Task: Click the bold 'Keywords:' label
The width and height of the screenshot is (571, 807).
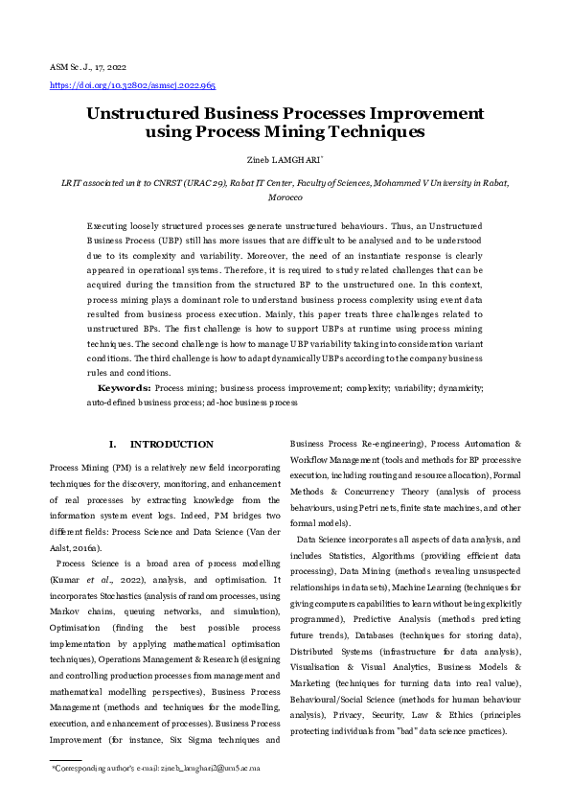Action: (124, 388)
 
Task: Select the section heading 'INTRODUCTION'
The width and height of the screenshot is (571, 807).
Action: (171, 445)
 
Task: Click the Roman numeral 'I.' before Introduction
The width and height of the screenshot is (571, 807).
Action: (112, 445)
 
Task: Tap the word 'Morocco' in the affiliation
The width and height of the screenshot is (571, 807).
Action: (285, 196)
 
